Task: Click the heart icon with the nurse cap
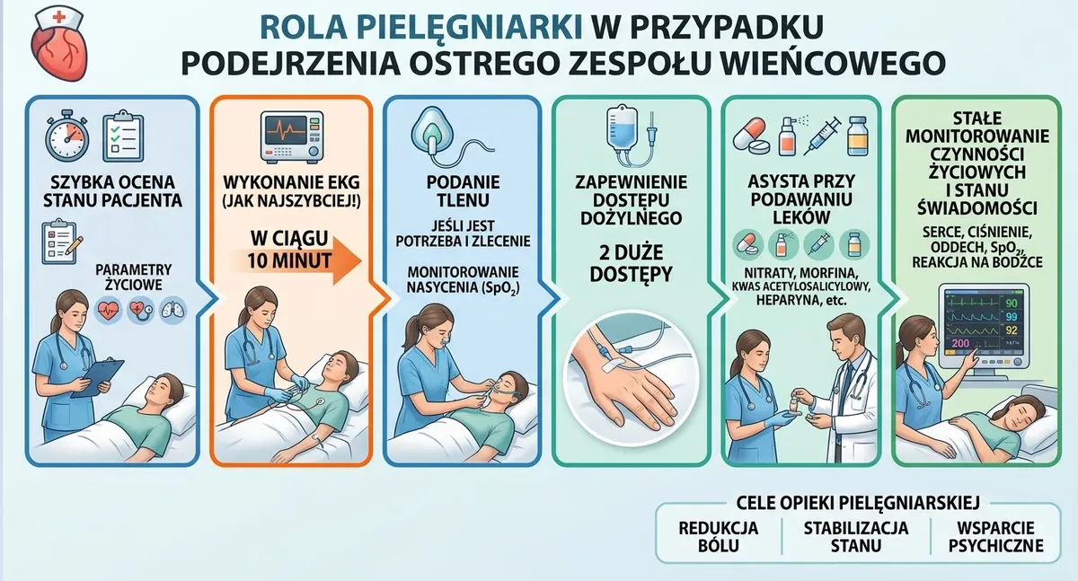tap(59, 46)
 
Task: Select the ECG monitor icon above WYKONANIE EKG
tap(292, 137)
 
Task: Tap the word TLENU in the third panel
tap(463, 200)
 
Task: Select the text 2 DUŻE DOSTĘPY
tap(631, 263)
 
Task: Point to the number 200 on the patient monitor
tap(960, 343)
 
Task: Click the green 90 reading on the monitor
tap(1012, 303)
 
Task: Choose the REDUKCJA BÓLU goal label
tap(718, 536)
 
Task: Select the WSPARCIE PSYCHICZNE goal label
tap(995, 536)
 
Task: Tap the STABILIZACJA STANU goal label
tap(855, 536)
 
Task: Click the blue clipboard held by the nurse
tap(97, 377)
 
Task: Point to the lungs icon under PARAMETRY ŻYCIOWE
tap(172, 309)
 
